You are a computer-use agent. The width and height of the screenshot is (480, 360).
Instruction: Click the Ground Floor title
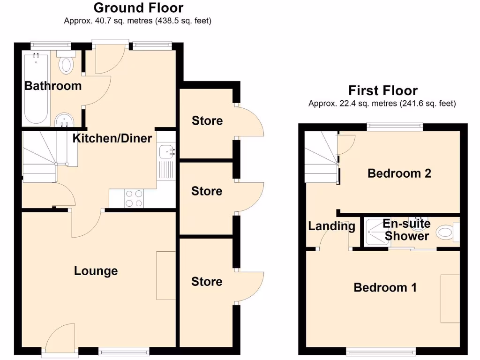[138, 8]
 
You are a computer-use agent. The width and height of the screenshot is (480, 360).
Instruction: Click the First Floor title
[382, 90]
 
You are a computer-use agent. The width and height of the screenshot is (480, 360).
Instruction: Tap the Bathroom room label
[52, 86]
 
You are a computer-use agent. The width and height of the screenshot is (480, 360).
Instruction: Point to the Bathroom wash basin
[62, 120]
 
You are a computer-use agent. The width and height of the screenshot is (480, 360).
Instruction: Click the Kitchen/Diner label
[112, 138]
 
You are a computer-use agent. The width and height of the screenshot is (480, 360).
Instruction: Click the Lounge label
[96, 271]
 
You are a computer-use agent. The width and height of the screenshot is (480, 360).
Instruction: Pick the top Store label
[207, 121]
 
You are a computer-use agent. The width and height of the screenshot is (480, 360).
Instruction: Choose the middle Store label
[207, 191]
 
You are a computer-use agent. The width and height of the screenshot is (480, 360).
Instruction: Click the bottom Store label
[207, 281]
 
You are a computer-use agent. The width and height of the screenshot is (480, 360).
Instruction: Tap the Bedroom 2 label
[399, 173]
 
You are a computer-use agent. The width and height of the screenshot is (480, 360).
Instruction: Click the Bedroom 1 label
[385, 287]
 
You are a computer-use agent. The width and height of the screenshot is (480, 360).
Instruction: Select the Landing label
[331, 226]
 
